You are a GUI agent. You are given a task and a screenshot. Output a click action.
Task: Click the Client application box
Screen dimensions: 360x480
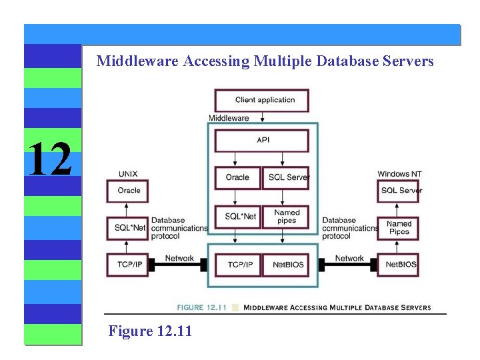point(261,101)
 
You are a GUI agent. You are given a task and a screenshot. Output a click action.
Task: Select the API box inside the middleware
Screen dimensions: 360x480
point(261,141)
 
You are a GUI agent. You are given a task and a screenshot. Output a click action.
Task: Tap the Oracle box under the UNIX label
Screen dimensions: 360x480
point(128,191)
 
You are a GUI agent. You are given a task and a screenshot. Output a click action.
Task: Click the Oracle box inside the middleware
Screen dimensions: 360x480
point(237,177)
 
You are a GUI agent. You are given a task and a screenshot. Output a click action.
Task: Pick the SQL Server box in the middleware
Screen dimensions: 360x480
point(286,177)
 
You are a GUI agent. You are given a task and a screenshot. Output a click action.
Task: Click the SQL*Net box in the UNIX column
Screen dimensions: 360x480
point(128,228)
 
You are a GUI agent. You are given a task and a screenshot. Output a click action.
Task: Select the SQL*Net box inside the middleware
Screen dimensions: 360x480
point(237,217)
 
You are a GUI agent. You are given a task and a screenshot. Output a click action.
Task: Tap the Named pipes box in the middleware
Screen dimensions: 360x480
point(286,217)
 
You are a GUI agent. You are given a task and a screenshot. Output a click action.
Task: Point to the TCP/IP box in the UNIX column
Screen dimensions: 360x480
point(128,265)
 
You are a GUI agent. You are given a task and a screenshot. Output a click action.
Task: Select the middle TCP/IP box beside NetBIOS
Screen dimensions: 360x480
point(237,265)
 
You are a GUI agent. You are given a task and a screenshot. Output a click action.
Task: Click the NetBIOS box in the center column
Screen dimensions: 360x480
point(286,265)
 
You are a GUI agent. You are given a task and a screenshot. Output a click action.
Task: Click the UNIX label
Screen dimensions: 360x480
point(128,174)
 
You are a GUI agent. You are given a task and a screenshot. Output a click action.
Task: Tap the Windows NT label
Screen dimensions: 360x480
point(399,174)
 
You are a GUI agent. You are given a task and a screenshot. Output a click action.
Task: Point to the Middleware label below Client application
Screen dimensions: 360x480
point(229,119)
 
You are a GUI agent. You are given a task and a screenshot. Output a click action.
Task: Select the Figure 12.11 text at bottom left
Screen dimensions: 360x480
point(150,330)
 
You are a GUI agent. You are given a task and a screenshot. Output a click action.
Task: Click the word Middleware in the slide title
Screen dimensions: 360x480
point(137,61)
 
